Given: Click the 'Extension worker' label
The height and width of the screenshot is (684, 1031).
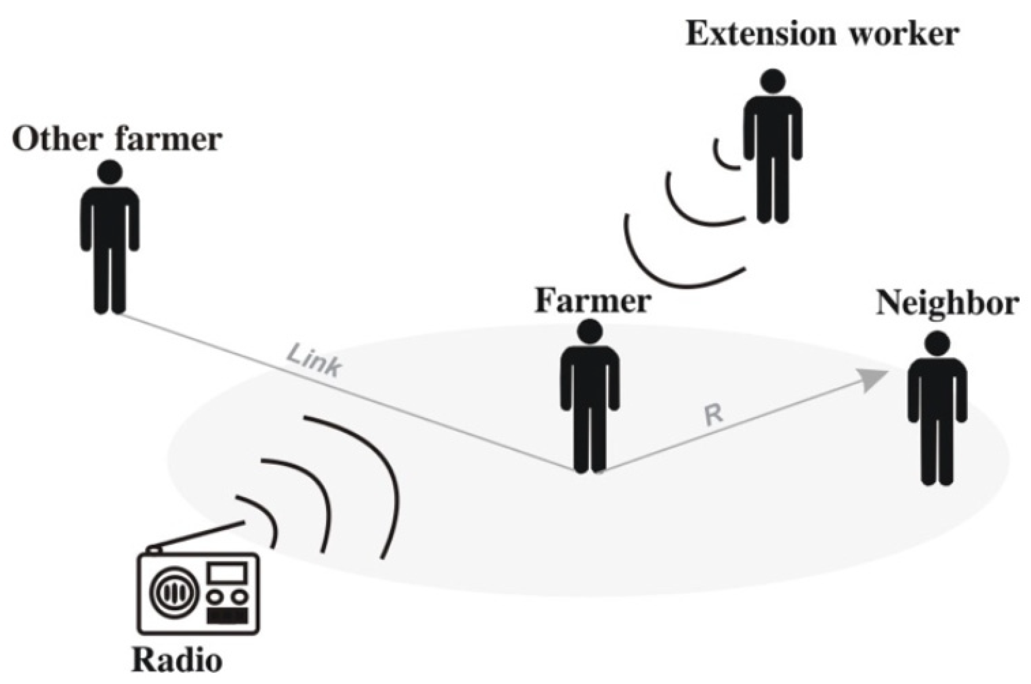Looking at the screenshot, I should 822,34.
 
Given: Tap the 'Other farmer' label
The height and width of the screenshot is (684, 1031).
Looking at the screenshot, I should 117,140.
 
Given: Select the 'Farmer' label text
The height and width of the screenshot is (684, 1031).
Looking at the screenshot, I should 593,301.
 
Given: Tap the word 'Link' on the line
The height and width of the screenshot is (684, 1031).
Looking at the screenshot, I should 314,360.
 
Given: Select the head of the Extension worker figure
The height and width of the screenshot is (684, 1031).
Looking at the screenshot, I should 772,81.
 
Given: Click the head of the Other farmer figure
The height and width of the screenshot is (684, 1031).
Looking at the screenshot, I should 109,172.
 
